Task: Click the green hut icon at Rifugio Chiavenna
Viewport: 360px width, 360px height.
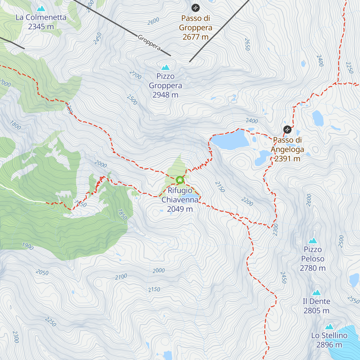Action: pos(180,180)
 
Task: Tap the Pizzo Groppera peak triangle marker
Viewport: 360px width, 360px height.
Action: pos(166,67)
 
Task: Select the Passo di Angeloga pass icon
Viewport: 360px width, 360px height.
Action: pos(287,130)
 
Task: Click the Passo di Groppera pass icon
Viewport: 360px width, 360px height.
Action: pos(196,7)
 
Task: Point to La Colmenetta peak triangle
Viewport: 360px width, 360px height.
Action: pos(41,8)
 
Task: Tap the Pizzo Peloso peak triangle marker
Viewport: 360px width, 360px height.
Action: pos(313,241)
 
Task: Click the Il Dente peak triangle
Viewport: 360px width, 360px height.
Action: pos(316,293)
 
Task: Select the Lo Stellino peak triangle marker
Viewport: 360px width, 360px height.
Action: pos(329,327)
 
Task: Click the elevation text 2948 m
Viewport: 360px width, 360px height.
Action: pos(165,95)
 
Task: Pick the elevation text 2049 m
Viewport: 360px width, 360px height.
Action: pos(180,209)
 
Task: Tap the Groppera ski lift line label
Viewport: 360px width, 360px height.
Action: pos(149,43)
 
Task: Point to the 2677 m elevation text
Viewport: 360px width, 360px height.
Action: pos(195,37)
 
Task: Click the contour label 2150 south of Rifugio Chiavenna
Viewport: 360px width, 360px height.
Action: pos(154,289)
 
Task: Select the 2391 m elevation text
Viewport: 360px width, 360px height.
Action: pos(287,159)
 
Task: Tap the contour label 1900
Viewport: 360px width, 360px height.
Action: pos(28,246)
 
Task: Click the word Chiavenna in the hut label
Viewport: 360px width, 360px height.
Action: pos(180,200)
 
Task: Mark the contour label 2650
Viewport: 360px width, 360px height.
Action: pos(247,44)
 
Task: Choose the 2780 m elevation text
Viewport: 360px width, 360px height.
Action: pos(313,268)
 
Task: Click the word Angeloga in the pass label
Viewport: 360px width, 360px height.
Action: pos(287,149)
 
